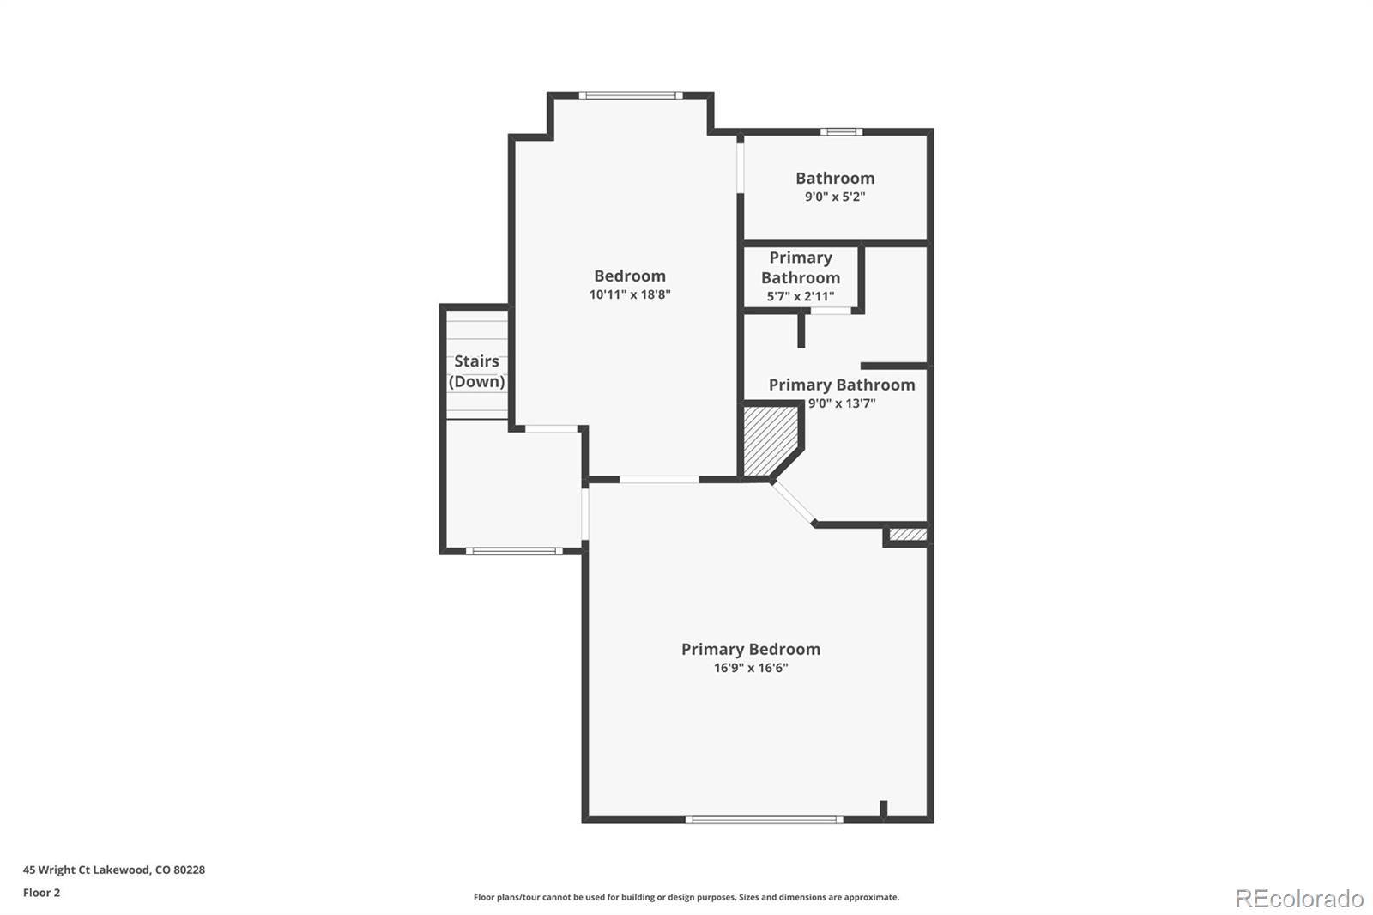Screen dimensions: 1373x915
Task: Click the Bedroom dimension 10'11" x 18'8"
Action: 630,294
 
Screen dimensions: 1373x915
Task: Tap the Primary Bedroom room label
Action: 750,649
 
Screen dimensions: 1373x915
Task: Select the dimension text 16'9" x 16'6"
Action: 750,668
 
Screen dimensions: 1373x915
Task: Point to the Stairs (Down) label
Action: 476,371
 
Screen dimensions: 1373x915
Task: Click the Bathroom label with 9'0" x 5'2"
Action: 835,178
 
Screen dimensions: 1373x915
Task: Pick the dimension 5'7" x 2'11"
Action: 801,297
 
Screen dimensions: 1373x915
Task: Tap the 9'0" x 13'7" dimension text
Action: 842,403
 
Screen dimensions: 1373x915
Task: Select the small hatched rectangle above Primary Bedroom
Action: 908,534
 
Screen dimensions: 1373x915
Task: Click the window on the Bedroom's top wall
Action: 631,95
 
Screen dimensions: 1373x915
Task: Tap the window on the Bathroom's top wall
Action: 841,132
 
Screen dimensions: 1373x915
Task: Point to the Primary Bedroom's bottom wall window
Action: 764,820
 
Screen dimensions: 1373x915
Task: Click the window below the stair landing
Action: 514,551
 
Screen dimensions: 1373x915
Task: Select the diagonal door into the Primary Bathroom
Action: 794,502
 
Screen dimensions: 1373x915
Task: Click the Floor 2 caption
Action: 42,893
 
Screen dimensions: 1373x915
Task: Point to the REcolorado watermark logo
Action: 1299,899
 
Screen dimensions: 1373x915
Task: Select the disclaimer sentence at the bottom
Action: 686,897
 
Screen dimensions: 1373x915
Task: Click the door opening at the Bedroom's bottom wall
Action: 659,479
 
